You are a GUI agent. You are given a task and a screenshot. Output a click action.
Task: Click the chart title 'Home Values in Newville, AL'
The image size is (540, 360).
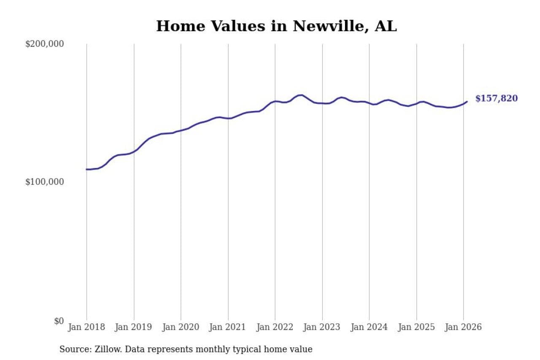click(x=276, y=26)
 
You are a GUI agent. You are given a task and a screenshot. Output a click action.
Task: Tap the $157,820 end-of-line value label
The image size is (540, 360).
click(x=496, y=99)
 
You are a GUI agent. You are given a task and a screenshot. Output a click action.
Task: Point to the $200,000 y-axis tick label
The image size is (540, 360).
click(x=44, y=44)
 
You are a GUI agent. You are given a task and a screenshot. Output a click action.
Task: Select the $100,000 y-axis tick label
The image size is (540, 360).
click(x=44, y=182)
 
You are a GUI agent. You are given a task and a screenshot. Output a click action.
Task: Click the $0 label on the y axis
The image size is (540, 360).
click(x=59, y=321)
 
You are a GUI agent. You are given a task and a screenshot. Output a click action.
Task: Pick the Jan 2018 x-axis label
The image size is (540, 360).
click(x=86, y=328)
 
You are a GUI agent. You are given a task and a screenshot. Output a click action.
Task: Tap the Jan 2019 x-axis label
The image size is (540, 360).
click(x=134, y=328)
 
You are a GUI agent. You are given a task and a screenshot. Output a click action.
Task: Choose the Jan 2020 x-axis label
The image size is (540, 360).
click(x=181, y=328)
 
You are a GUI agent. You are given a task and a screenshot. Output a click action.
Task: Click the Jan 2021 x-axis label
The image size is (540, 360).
click(x=228, y=328)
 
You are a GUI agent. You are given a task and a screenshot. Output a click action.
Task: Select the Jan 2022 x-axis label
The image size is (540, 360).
click(x=275, y=328)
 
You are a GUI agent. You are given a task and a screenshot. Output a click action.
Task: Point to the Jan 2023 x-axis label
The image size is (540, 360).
click(x=322, y=328)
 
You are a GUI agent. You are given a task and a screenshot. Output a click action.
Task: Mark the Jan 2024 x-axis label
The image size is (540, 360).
click(x=369, y=328)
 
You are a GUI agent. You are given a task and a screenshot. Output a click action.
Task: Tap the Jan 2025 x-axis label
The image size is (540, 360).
click(x=416, y=328)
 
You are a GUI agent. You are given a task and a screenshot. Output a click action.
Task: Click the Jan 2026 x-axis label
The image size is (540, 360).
click(x=463, y=328)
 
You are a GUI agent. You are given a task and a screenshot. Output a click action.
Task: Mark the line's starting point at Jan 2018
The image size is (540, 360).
click(x=87, y=169)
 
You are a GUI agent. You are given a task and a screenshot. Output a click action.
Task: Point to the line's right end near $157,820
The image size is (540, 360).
click(x=467, y=101)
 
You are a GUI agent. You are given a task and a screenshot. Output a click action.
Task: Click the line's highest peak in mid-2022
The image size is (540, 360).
click(x=300, y=95)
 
